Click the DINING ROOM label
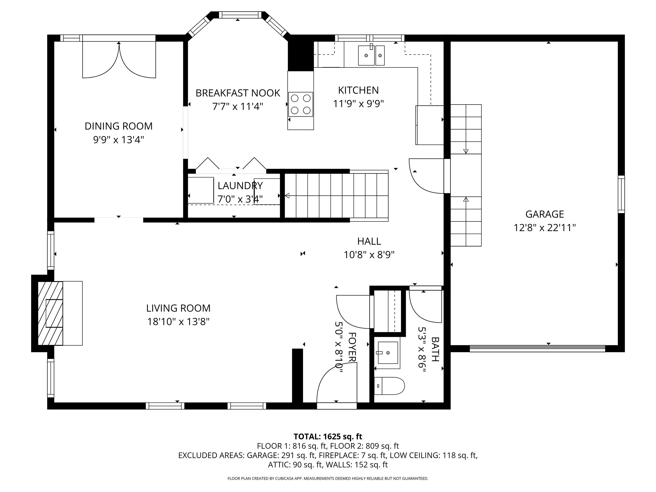pos(119,126)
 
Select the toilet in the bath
pos(389,386)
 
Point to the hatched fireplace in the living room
pos(50,313)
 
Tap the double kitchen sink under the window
pos(371,55)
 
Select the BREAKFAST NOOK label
pos(238,93)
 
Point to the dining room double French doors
pos(119,61)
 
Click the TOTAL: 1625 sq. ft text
pos(328,437)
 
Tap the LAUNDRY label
pos(240,186)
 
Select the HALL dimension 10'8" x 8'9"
pos(369,255)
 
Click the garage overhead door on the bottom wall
pos(537,348)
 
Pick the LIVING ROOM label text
pos(178,308)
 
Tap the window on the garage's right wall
pos(621,194)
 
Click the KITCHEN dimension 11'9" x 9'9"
pos(358,104)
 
